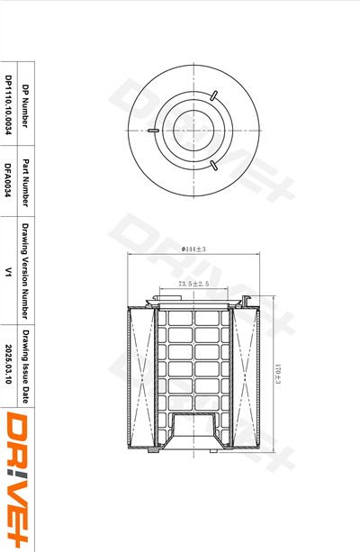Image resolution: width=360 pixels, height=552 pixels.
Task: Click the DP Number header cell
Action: click(x=25, y=105)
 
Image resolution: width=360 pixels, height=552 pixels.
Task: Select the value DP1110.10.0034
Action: click(x=8, y=104)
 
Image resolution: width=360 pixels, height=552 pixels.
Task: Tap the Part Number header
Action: click(x=25, y=183)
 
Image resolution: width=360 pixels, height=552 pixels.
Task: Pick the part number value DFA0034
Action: click(x=8, y=180)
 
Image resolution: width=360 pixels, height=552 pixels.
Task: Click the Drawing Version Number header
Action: click(x=25, y=271)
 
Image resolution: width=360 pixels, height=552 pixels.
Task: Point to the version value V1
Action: click(x=8, y=271)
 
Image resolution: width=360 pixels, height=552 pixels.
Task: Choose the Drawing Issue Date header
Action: click(x=25, y=366)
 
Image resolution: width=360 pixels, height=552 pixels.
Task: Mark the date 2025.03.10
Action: click(x=8, y=364)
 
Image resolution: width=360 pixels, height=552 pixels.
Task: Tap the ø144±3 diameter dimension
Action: click(x=193, y=249)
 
